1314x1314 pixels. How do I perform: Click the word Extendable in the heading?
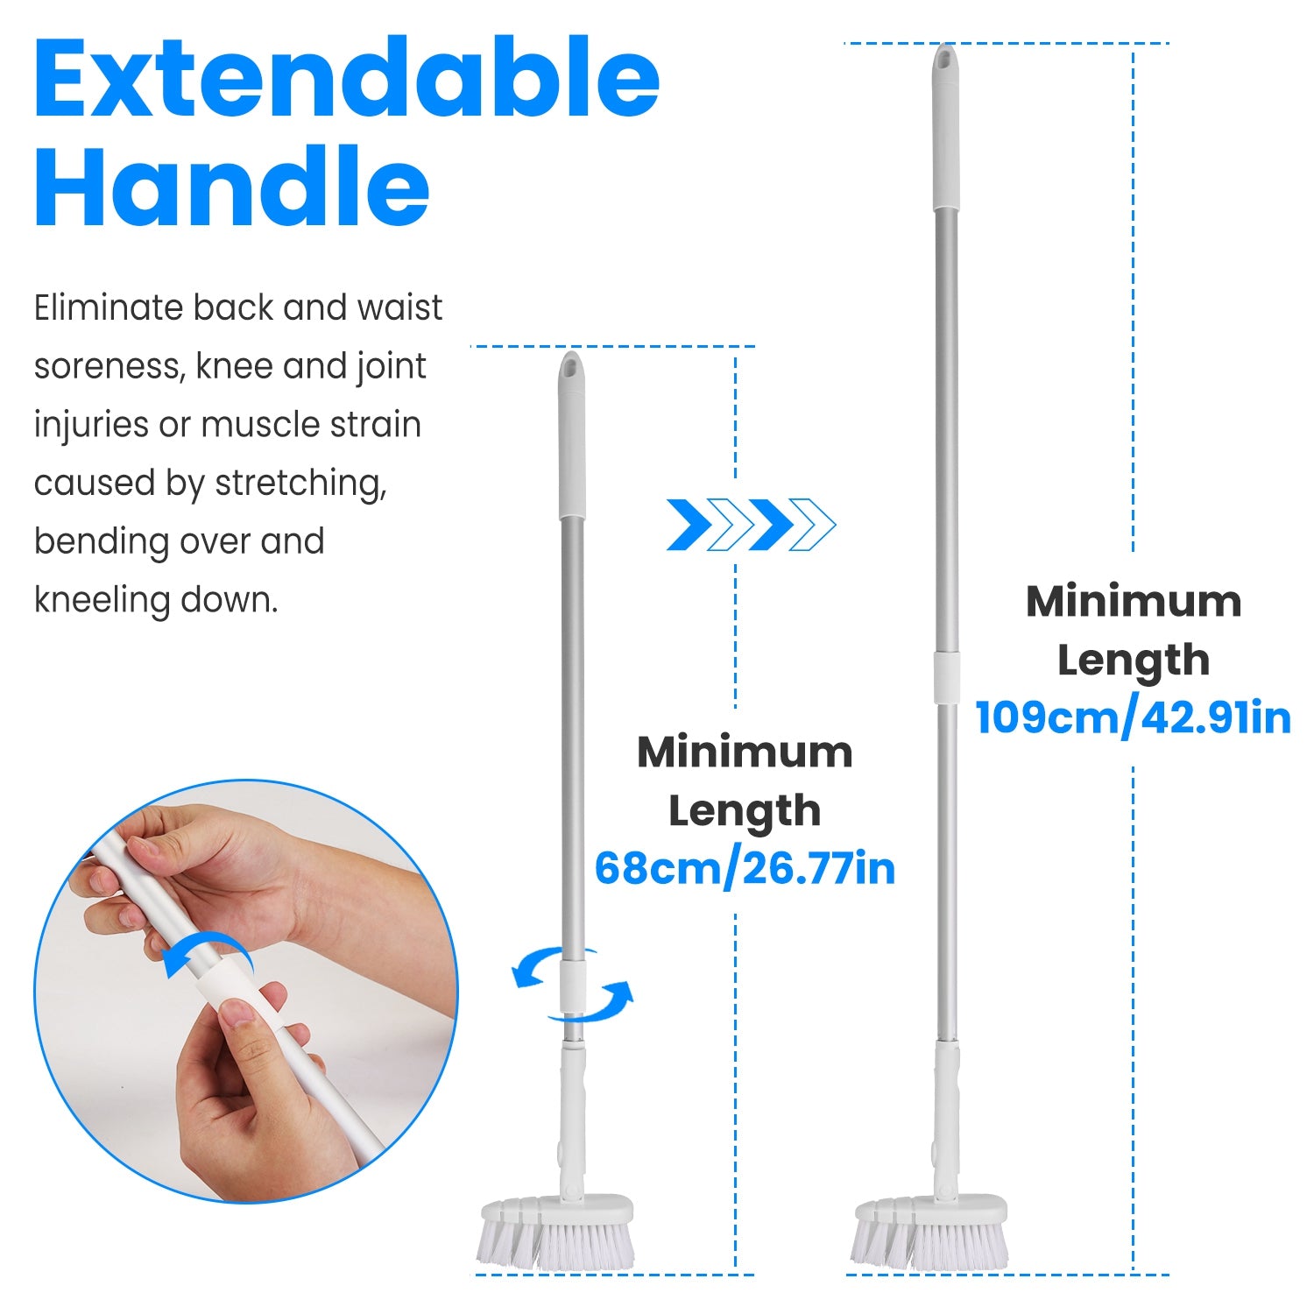pos(346,79)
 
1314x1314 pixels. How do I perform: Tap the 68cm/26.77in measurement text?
pos(745,869)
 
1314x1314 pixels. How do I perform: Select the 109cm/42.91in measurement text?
pos(1133,718)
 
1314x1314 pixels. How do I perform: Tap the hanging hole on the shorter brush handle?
pos(571,365)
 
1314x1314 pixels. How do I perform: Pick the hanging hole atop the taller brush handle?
pos(944,60)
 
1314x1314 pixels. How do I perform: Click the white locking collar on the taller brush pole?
pos(946,677)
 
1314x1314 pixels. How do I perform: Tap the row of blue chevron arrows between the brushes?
pos(751,525)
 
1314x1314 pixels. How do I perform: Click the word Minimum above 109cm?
pos(1133,602)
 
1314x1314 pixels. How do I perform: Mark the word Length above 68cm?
pos(745,811)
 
